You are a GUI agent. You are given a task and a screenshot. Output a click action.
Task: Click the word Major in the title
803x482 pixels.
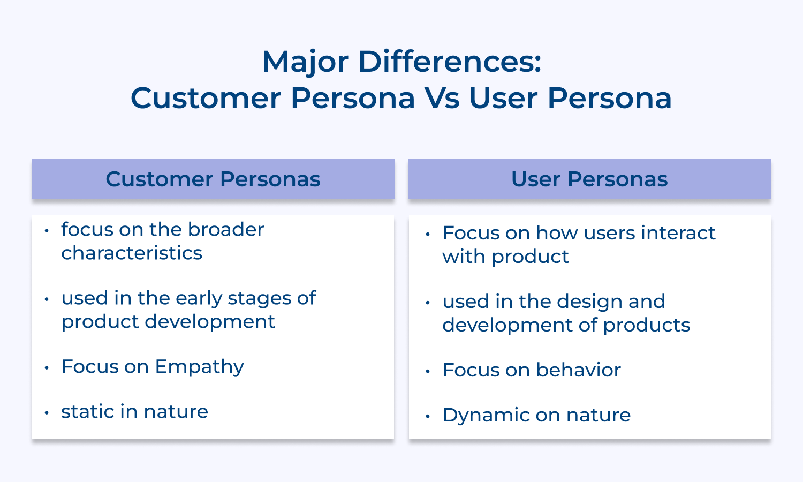click(x=305, y=62)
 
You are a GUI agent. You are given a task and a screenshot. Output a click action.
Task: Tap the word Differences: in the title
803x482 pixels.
click(x=450, y=62)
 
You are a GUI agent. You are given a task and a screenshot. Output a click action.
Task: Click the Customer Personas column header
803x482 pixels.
click(x=213, y=179)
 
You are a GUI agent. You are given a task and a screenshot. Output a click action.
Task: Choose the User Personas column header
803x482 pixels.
click(x=589, y=179)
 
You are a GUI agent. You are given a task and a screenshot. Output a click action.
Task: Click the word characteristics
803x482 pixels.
click(x=132, y=253)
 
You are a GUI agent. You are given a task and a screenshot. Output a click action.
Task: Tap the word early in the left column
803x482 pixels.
click(x=198, y=298)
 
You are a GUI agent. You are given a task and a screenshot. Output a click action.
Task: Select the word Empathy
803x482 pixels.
click(x=199, y=367)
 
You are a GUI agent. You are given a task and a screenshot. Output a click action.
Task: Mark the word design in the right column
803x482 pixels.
click(x=590, y=302)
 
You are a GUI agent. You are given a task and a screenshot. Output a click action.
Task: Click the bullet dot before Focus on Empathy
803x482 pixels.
click(x=47, y=368)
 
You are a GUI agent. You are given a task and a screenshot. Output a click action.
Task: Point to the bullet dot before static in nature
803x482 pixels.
click(x=47, y=413)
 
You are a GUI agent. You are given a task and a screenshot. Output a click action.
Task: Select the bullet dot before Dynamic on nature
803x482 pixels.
click(x=428, y=416)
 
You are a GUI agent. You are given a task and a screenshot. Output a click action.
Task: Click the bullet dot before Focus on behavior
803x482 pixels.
click(x=428, y=371)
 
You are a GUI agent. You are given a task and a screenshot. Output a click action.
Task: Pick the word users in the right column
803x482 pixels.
click(x=609, y=234)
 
